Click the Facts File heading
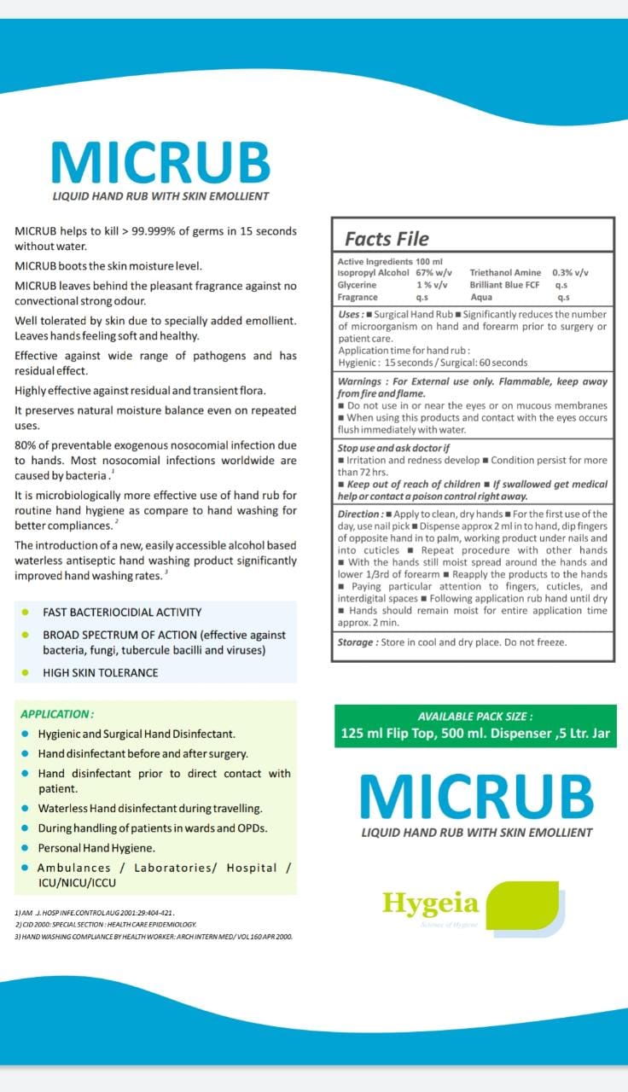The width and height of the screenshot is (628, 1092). coord(387,239)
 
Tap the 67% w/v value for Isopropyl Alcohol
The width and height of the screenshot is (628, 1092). coord(433,273)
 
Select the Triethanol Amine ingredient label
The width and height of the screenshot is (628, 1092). coord(505,273)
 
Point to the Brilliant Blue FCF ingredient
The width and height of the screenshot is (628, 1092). coord(504,285)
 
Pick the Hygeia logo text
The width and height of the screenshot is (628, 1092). coord(430,903)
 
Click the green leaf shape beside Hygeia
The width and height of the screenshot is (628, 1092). coord(528,905)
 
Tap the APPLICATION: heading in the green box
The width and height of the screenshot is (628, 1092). coord(57,714)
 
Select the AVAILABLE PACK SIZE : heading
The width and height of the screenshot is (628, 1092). coord(474,717)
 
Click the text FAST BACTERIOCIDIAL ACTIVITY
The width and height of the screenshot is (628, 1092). coord(122,612)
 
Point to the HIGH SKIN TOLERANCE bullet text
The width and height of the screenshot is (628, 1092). coord(101,672)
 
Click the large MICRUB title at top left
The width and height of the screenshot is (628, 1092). coord(160,162)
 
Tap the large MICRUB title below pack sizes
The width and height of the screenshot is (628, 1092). coord(476,797)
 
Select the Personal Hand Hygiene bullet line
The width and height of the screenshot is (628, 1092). coord(96,848)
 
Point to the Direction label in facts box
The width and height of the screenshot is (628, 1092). coord(359,514)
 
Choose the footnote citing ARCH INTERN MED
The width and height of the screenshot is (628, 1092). coord(154,936)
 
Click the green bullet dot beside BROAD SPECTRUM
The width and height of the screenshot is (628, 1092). coord(26,636)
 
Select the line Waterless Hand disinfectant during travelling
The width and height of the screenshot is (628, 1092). coord(150,808)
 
